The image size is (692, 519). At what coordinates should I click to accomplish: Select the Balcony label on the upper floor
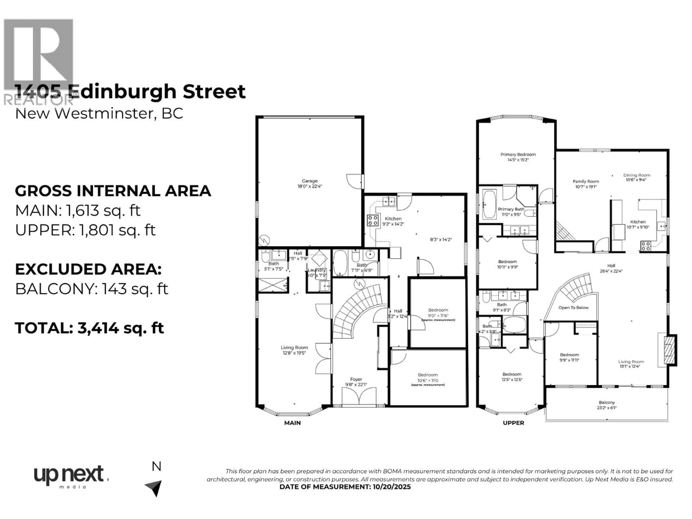[607, 402]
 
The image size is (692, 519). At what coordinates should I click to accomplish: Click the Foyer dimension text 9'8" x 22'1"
[356, 385]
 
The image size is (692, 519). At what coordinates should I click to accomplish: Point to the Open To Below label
[573, 307]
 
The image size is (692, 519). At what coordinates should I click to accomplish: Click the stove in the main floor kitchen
[373, 220]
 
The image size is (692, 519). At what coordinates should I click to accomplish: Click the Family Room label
[586, 181]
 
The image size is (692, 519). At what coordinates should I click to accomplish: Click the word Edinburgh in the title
[125, 92]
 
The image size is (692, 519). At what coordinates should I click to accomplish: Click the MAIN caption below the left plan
[292, 423]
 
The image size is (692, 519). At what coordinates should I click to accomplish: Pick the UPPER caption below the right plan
[513, 423]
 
